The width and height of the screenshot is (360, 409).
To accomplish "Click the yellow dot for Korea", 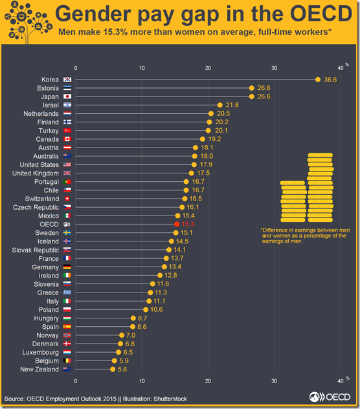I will click(x=318, y=79).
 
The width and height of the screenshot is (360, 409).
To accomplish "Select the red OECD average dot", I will click(x=177, y=224).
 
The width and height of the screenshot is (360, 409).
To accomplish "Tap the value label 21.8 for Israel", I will click(x=231, y=104).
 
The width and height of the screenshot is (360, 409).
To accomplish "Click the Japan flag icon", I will click(x=67, y=96).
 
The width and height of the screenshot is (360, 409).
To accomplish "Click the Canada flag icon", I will click(x=67, y=138).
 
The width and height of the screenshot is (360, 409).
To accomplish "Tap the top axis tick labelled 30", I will click(x=275, y=67).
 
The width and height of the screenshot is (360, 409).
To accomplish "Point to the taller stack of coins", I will click(x=320, y=188).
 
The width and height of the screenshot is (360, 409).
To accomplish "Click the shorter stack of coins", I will click(x=293, y=202).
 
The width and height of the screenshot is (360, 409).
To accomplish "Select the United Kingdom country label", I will click(x=36, y=173).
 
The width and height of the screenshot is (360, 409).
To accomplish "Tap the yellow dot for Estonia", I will click(x=252, y=87).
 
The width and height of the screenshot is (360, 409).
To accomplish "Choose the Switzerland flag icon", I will click(x=67, y=199).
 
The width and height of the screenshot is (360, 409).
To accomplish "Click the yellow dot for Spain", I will click(x=133, y=326).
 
